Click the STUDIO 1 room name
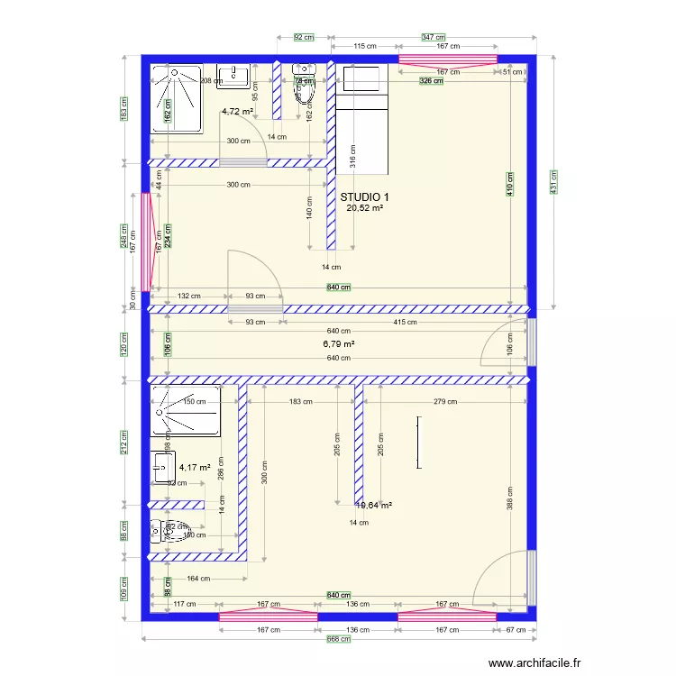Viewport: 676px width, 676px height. [365, 196]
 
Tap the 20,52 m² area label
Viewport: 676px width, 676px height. [365, 207]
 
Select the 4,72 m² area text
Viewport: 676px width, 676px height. [238, 112]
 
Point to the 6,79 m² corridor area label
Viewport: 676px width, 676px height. [339, 344]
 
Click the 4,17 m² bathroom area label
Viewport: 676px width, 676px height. [195, 468]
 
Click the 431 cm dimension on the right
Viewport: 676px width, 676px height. [554, 182]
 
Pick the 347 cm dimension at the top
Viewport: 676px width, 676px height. [433, 37]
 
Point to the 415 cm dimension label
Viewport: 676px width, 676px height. [405, 322]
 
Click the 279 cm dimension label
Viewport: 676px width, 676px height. [444, 402]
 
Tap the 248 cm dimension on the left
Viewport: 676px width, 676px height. [124, 236]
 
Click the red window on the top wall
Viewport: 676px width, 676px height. [448, 60]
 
